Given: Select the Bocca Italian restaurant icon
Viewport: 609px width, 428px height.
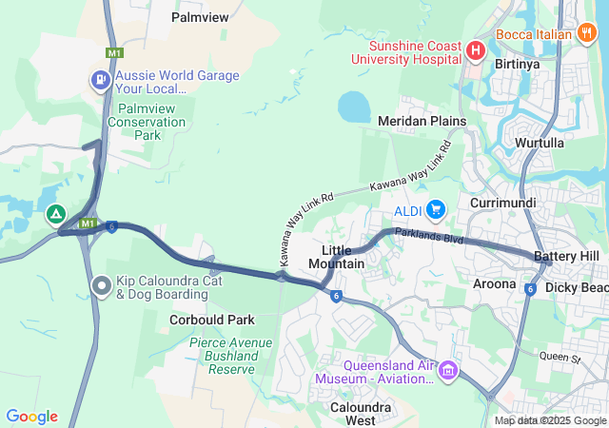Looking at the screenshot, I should pos(587,34).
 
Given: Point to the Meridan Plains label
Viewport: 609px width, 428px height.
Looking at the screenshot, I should pos(422,122).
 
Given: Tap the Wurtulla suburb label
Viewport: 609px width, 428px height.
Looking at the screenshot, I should pos(540,143).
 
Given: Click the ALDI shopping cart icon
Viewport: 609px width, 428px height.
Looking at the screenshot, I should pos(436,208).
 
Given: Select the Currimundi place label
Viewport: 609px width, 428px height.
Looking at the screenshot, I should pos(503,204).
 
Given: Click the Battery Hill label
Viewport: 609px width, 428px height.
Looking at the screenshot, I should pos(566,257).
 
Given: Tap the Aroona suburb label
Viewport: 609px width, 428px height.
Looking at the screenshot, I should pos(494,283).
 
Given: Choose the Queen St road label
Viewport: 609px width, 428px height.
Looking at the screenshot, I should pos(559,358).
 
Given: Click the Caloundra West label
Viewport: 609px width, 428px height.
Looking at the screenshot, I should pos(346,414).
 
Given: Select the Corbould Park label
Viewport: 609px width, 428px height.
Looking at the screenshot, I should pos(211,321).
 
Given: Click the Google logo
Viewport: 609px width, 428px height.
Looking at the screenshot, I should pos(31,417).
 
